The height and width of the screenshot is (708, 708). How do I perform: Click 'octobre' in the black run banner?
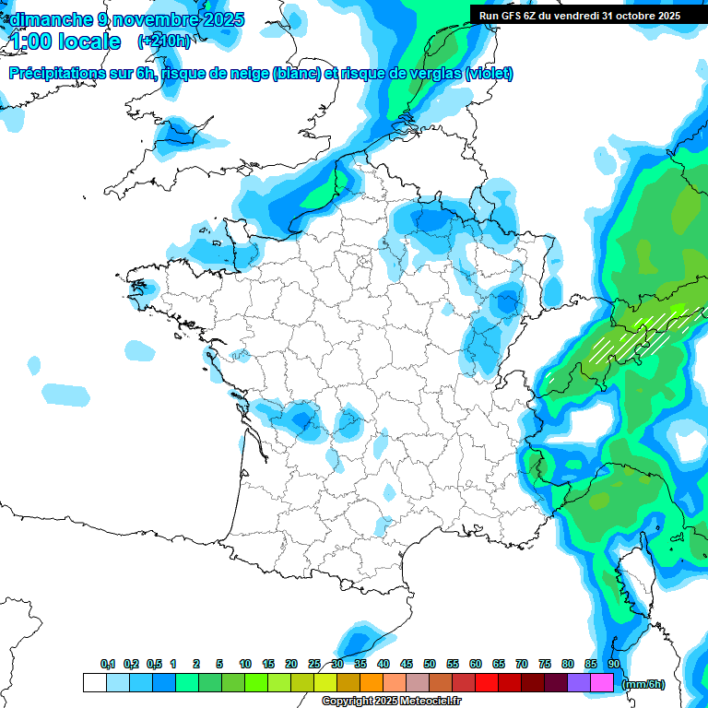[x=630, y=15]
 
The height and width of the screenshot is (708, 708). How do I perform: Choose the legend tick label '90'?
[x=613, y=664]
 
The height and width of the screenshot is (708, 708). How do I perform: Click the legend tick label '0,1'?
[x=107, y=664]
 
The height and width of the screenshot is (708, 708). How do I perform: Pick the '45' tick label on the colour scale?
[x=407, y=664]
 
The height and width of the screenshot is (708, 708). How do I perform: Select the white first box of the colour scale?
[x=94, y=682]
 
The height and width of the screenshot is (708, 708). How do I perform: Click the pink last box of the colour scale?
[x=602, y=682]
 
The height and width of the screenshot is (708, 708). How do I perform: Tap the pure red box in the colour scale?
[x=487, y=682]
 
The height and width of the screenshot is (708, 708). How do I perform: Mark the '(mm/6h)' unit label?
[x=643, y=684]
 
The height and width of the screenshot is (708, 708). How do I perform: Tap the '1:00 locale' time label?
[x=65, y=41]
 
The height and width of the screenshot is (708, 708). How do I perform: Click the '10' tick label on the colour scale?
[x=245, y=664]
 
